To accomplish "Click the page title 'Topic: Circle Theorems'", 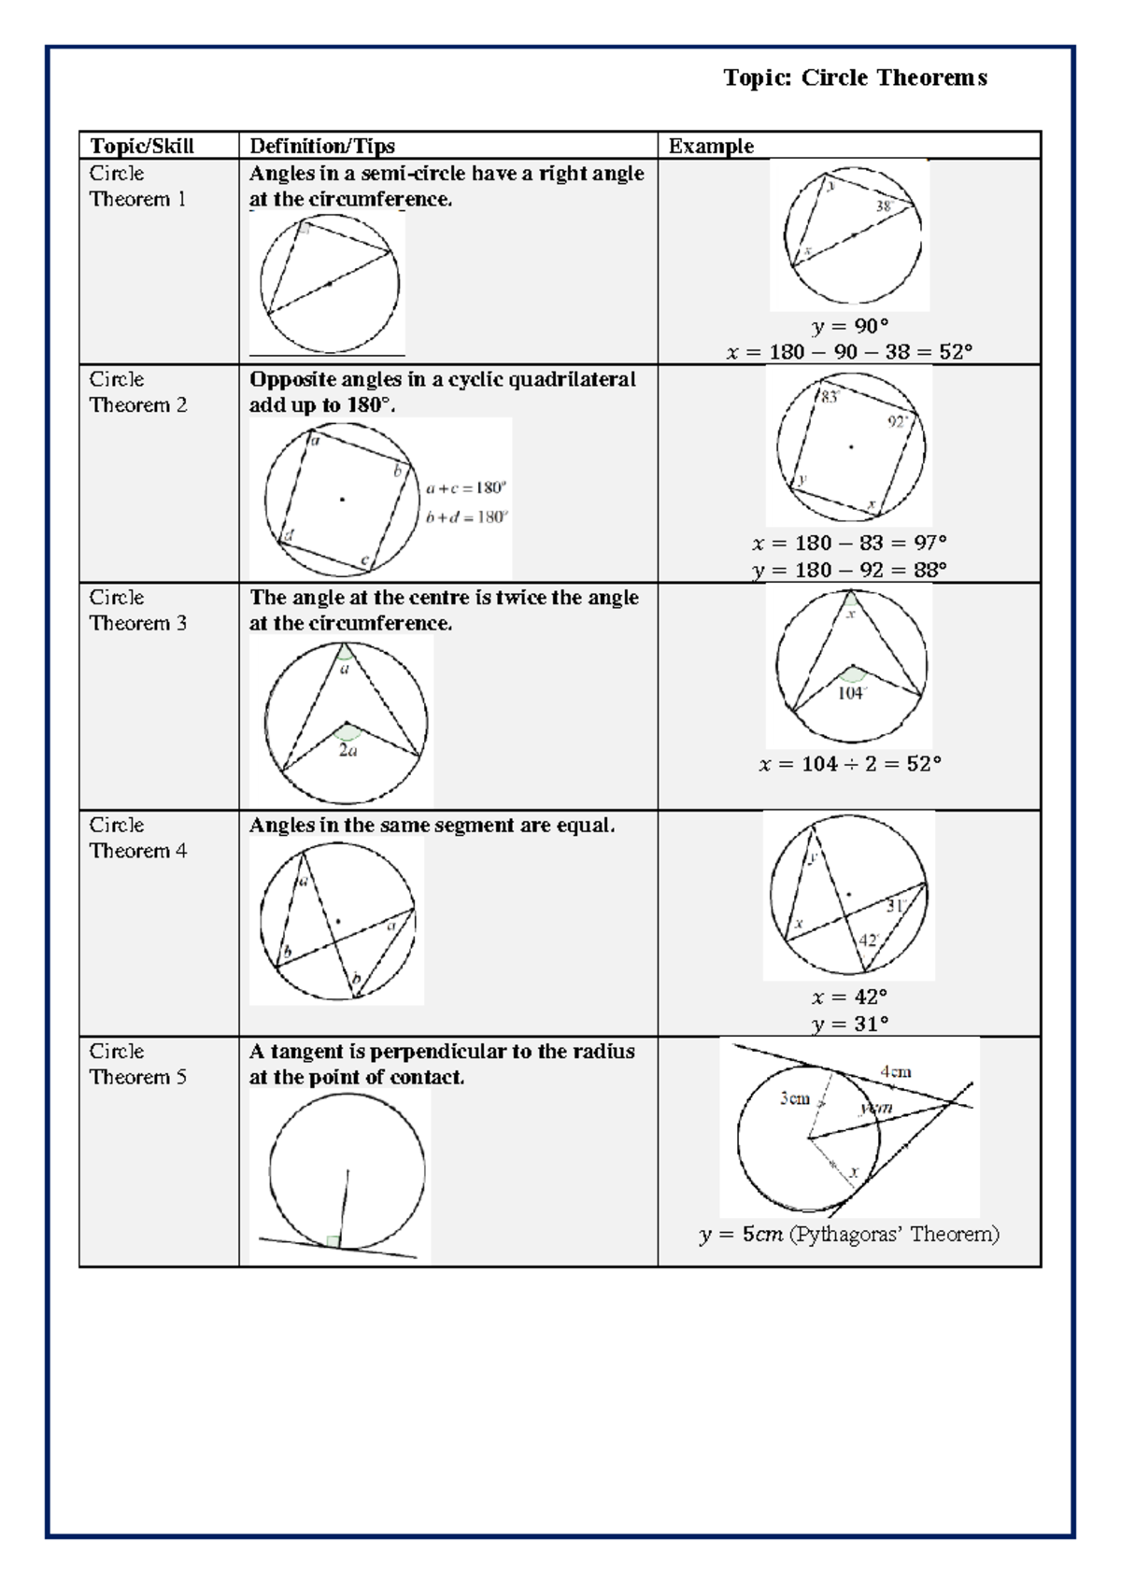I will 855,78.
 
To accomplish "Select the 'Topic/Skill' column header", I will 142,146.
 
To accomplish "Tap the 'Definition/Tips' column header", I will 321,146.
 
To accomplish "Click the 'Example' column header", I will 711,146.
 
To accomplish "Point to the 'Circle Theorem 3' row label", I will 138,610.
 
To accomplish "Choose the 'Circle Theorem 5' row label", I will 138,1064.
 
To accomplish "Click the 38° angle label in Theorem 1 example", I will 886,205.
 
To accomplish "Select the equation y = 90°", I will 849,326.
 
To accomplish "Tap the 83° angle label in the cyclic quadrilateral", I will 830,397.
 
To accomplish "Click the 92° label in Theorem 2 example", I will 898,422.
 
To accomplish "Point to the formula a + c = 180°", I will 465,488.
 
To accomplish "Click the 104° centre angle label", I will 851,693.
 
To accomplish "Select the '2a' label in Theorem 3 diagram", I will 348,750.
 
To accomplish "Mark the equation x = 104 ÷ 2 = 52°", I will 849,764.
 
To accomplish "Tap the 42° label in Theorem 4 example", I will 869,940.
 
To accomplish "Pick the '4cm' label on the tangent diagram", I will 895,1072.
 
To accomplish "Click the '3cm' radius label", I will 795,1098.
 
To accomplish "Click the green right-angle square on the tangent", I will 333,1241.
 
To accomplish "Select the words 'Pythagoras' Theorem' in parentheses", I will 893,1235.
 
